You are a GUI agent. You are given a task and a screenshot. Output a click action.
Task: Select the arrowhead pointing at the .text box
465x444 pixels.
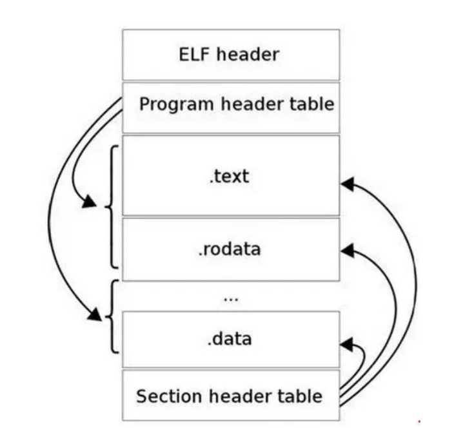[347, 184]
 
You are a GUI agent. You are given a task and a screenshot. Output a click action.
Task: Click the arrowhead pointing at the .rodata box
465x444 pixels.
[347, 248]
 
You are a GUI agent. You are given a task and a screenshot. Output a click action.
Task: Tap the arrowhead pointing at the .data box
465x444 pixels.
[347, 345]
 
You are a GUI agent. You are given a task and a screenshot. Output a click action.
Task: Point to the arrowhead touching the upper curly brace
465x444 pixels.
[90, 206]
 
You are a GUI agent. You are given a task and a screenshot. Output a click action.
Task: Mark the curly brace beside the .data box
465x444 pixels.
[111, 316]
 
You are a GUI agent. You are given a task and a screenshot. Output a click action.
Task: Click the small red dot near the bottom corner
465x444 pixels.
[420, 422]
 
